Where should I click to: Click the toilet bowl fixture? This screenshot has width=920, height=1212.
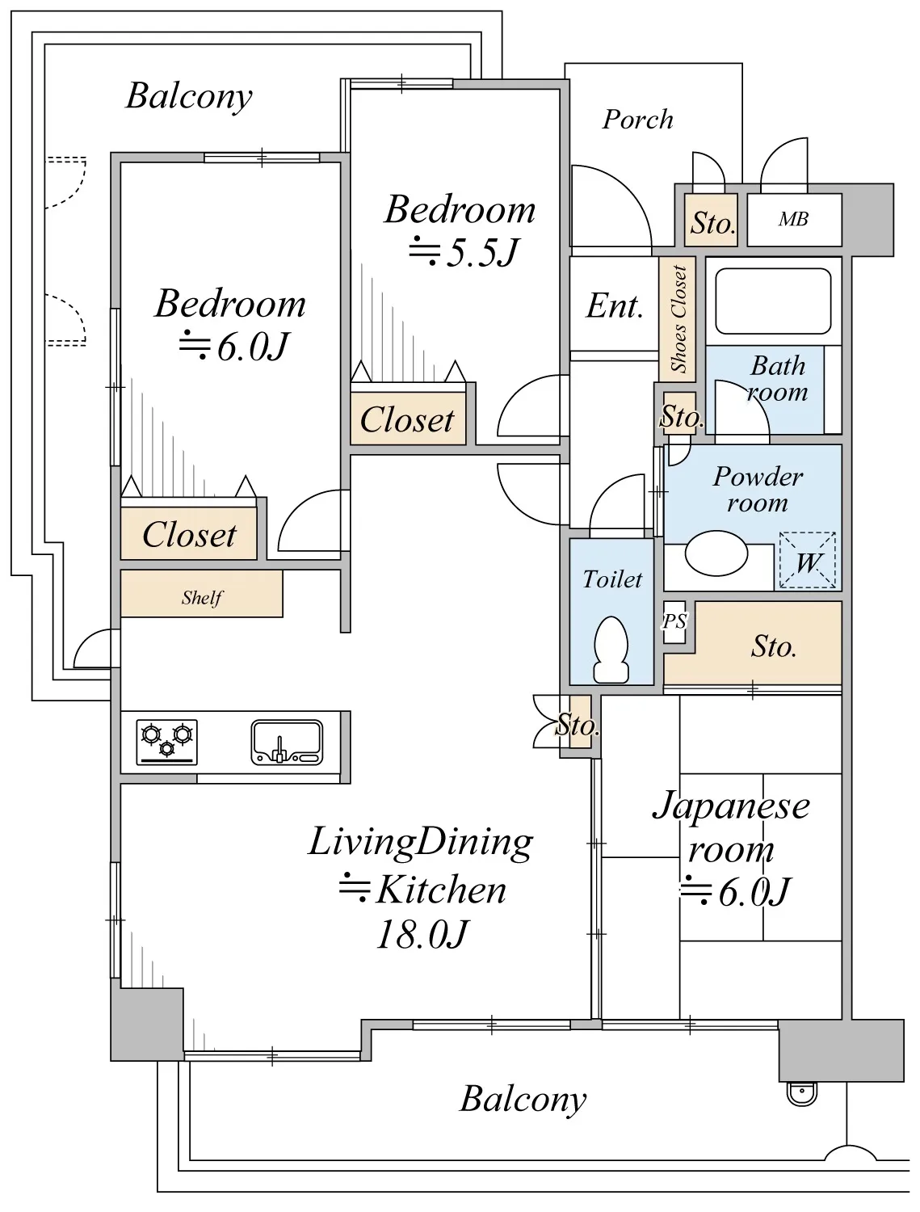point(611,650)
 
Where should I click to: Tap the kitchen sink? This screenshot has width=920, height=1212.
point(287,742)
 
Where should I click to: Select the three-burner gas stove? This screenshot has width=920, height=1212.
point(166,742)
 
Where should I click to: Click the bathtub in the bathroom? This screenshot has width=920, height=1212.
point(773,301)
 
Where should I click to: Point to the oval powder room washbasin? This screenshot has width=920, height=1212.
point(716,553)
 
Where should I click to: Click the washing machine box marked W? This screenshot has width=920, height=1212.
point(807,560)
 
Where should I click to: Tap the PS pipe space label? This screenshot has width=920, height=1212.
point(674,621)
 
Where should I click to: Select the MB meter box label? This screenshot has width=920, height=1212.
point(793,219)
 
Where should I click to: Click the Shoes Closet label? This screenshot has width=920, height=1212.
point(678,319)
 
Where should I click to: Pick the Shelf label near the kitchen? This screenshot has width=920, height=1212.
point(202,597)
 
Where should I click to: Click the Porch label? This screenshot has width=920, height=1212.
point(637,120)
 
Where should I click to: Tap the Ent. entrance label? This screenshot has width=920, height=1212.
point(614,305)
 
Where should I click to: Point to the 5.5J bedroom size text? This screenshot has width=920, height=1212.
point(463,252)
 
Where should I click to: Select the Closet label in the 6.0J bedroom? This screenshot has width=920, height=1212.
point(189,535)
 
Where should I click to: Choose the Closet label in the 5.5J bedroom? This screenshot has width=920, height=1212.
point(407,419)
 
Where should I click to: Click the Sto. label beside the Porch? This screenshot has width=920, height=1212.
point(712,223)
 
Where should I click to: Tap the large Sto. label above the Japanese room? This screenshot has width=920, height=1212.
point(773,646)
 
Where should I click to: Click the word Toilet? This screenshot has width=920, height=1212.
point(612,579)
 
